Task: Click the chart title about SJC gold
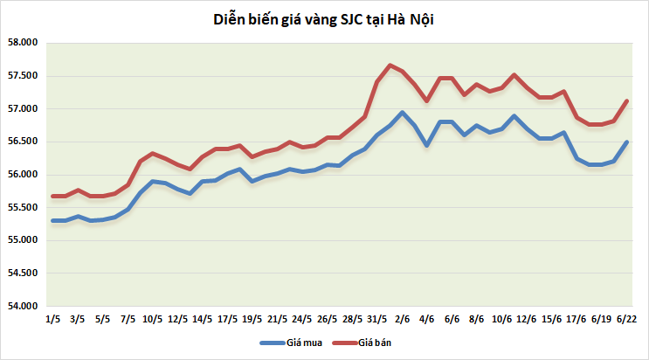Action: (323, 19)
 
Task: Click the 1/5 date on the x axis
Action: (52, 319)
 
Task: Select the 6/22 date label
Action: (626, 319)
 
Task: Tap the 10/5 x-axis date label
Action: (153, 319)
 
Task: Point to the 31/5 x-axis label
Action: (377, 319)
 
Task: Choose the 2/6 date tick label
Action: (403, 319)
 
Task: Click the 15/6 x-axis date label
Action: (552, 319)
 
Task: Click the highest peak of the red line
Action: (390, 65)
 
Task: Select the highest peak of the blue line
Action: (402, 112)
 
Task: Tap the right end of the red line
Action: (627, 100)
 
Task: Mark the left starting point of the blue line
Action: (53, 220)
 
